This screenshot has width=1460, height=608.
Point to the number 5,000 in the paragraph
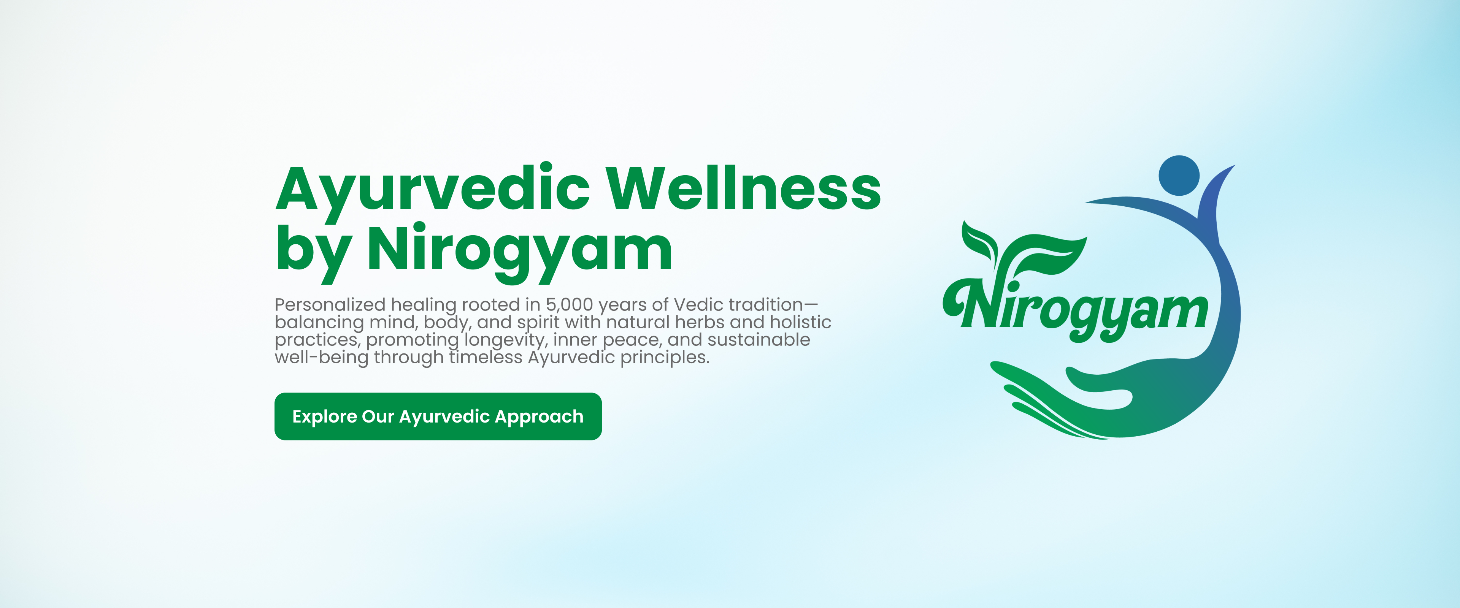coord(569,305)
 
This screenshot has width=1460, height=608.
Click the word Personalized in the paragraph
coord(330,305)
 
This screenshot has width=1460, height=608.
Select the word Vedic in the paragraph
coord(698,304)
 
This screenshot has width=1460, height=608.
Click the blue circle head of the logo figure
coord(1179,176)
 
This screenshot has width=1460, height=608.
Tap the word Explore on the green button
coord(324,417)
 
